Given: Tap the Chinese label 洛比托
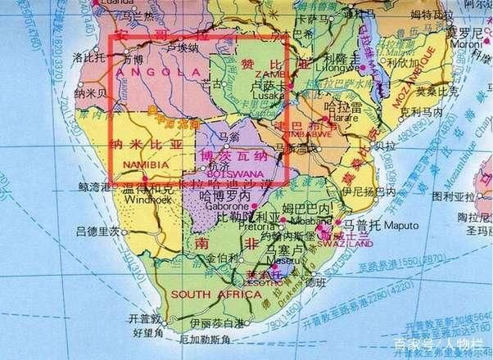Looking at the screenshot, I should tap(86, 60).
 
